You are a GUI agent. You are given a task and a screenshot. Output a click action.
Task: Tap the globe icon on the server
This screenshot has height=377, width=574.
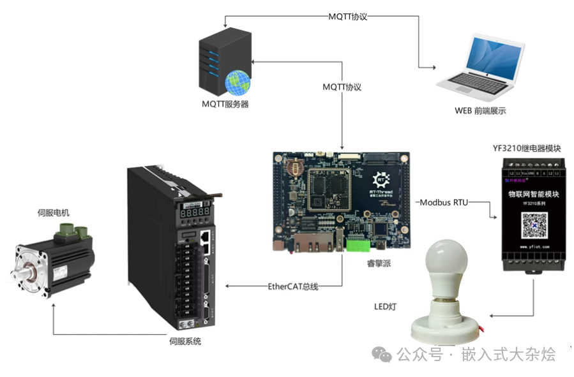click(237, 82)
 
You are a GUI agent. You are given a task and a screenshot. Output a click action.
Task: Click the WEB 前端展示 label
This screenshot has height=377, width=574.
click(480, 110)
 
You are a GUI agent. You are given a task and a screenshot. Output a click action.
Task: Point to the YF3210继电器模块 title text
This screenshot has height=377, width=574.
click(526, 148)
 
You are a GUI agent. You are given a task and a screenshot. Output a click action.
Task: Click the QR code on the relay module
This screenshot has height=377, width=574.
click(534, 225)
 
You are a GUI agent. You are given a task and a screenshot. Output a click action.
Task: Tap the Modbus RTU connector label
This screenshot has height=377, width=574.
click(444, 202)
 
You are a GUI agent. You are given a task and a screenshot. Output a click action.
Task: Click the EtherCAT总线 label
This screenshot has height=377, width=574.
click(292, 286)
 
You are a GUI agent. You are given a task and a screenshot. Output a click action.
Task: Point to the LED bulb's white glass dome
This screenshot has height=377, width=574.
click(446, 267)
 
